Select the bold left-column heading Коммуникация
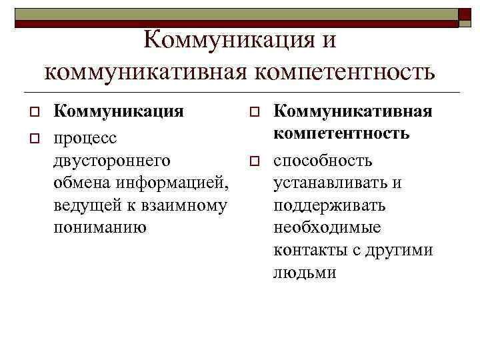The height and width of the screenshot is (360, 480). [119, 111]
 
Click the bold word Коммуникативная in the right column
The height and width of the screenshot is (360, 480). [353, 111]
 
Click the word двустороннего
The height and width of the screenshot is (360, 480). [112, 161]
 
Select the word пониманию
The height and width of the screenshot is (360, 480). [100, 228]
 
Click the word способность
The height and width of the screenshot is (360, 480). [323, 161]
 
